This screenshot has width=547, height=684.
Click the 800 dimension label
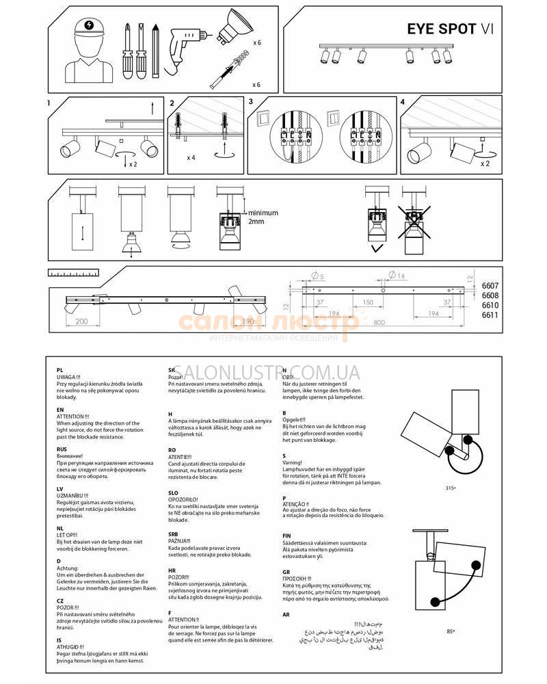[x=379, y=321]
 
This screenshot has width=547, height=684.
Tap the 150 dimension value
[x=369, y=301]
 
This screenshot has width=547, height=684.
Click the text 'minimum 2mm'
[x=263, y=217]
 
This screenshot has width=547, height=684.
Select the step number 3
[x=251, y=103]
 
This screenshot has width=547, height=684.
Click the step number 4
[x=402, y=103]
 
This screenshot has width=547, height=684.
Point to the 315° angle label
[x=450, y=488]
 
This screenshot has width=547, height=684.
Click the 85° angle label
[x=451, y=631]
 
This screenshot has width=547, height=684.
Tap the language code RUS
[x=63, y=449]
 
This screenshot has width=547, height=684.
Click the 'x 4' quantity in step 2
[x=191, y=158]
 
